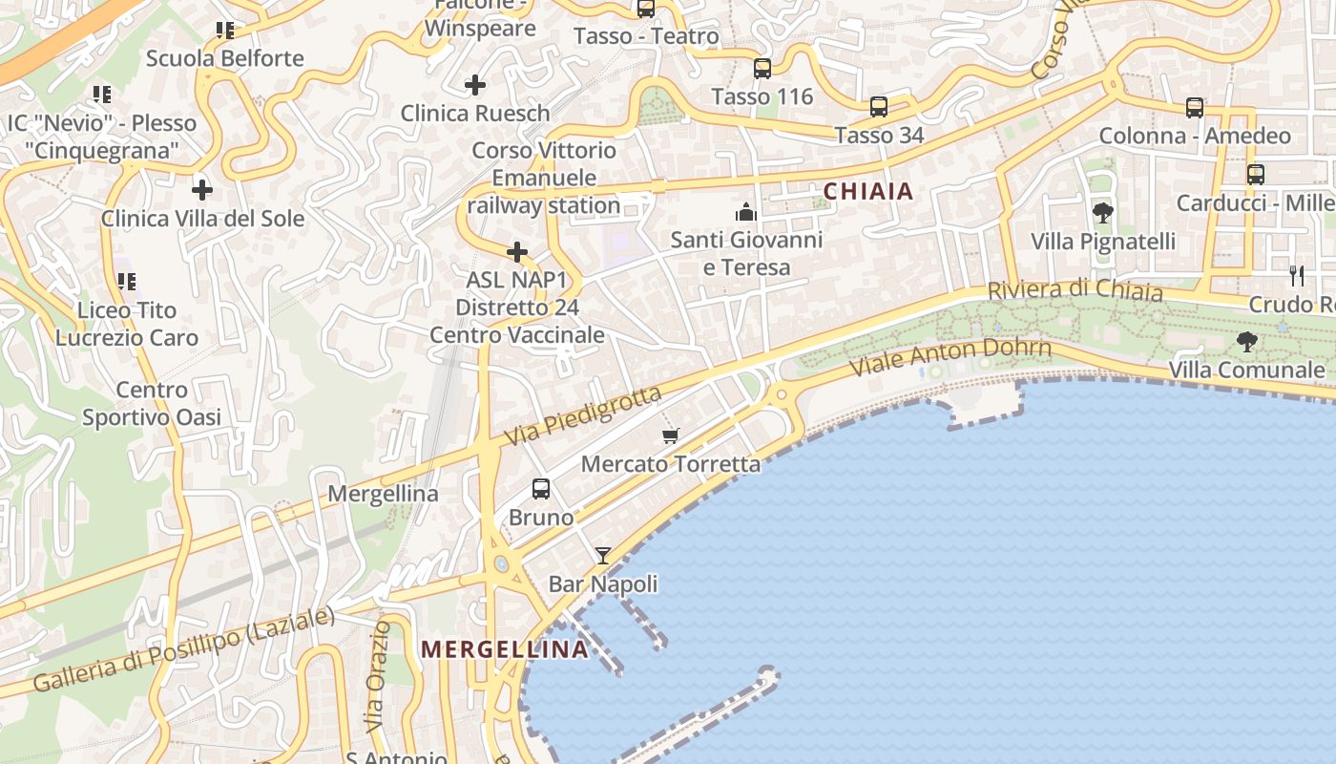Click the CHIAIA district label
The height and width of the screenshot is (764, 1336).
868,191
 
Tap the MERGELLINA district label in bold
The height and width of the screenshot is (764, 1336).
505,649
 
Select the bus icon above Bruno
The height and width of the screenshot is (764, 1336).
541,489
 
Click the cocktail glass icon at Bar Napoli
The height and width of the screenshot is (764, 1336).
603,555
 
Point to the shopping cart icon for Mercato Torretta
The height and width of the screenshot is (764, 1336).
671,436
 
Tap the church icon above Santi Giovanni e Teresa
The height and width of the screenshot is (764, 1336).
746,211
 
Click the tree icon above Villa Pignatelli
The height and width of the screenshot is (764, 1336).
1103,212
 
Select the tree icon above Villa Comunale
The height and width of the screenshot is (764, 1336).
1246,341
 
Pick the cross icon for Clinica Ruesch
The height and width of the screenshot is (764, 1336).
475,85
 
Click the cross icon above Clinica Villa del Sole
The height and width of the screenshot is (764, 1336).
202,189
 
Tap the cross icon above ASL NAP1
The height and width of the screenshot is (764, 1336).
517,252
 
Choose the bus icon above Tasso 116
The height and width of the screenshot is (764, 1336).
762,69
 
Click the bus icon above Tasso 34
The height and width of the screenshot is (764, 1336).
879,107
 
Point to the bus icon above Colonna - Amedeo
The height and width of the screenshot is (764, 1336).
1195,107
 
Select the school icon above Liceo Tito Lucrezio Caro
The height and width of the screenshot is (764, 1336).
126,282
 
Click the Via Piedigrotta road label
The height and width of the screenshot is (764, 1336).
583,415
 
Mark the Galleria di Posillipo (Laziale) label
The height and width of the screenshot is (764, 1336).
184,649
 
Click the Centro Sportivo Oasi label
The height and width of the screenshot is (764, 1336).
152,403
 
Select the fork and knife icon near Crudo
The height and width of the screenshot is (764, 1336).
1296,275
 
